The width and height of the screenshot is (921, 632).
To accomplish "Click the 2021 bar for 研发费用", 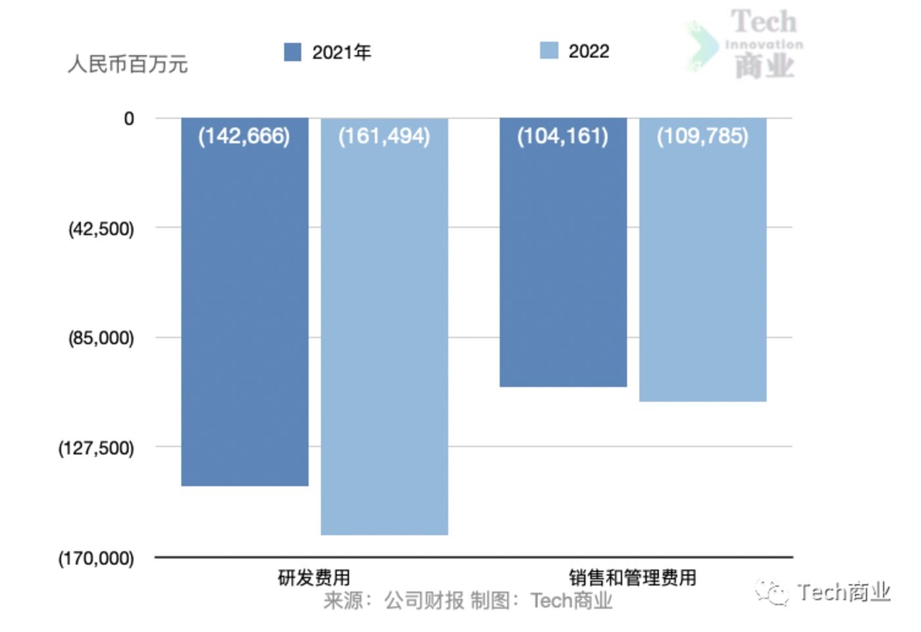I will point(244,303).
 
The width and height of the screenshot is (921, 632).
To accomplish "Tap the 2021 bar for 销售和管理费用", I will point(563,253).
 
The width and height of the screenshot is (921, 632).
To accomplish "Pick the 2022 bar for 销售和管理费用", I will point(702,261).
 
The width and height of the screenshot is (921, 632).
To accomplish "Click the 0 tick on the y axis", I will point(129,119).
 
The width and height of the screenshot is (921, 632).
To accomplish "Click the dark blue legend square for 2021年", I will point(292,52).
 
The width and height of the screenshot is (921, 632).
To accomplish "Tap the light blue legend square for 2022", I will point(548,51).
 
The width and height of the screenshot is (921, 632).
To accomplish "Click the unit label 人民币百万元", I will point(128,65).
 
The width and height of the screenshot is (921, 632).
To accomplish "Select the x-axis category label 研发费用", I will point(314,578).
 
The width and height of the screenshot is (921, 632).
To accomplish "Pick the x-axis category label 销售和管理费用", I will point(632,578).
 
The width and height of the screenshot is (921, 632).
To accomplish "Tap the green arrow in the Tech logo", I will point(701,46).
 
